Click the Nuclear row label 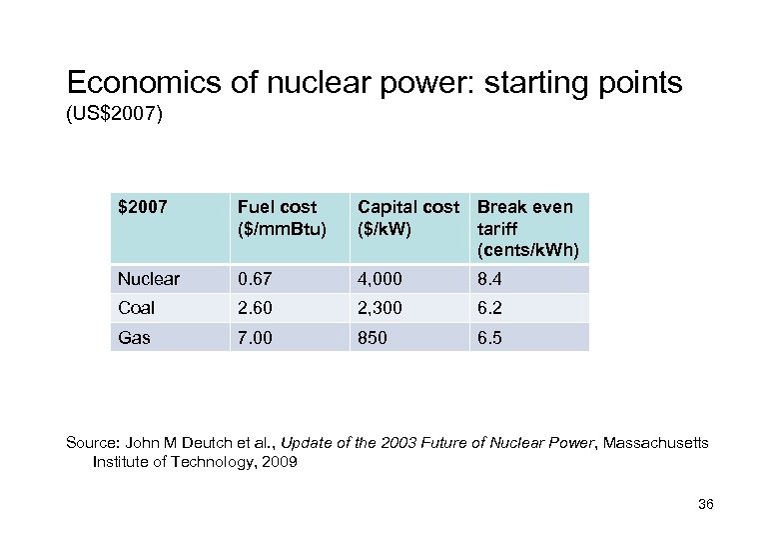[x=149, y=279]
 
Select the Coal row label [x=138, y=308]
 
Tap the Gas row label [x=134, y=338]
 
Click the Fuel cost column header [x=277, y=217]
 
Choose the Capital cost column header [x=407, y=217]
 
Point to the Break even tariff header [x=527, y=227]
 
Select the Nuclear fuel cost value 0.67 [x=253, y=279]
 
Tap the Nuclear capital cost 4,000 [x=381, y=279]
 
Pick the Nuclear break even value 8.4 [x=489, y=279]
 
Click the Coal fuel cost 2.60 [x=253, y=308]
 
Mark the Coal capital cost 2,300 [x=381, y=308]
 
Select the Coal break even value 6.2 [x=489, y=308]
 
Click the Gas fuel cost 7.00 [x=253, y=338]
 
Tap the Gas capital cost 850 [x=374, y=338]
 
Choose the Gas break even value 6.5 [x=489, y=338]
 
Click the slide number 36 [x=706, y=503]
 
